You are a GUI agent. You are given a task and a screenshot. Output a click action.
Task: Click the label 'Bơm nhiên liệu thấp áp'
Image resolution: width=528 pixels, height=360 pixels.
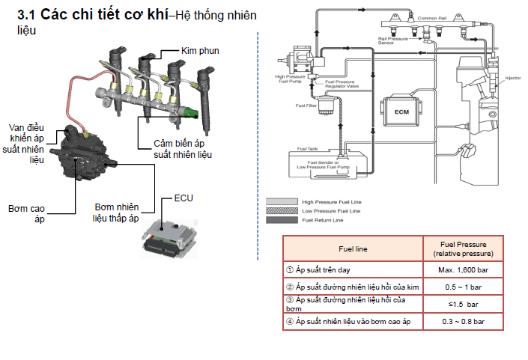[x=116, y=213]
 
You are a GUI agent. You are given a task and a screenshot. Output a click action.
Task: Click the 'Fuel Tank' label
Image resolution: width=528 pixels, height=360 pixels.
[x=309, y=148]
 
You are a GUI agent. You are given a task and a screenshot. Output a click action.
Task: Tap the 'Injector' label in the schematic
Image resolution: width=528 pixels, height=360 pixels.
[x=512, y=77]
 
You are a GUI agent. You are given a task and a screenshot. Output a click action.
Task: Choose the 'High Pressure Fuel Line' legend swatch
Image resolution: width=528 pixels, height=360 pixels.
[x=282, y=201]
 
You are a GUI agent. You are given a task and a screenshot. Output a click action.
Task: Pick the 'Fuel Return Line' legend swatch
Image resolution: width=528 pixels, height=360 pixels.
[x=282, y=220]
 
